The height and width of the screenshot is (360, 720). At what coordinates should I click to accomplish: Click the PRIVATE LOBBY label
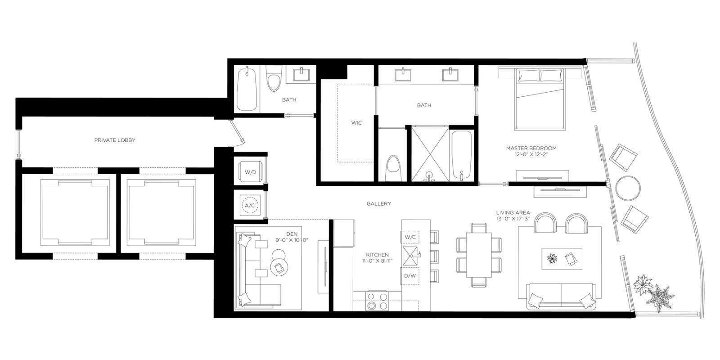(x=115, y=140)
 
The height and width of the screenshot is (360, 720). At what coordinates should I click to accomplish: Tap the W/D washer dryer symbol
(x=251, y=172)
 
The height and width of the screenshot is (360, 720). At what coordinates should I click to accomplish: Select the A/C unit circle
(x=250, y=205)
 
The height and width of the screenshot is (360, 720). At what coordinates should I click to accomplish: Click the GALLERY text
(x=378, y=203)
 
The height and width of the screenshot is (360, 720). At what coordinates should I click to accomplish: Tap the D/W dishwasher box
(x=410, y=276)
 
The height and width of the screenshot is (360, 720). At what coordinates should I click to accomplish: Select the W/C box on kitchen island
(x=410, y=237)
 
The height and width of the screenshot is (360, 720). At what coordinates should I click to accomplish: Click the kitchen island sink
(x=410, y=256)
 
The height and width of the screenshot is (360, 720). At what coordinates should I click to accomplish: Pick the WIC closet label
(x=356, y=123)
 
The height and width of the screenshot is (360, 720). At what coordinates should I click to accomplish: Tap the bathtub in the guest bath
(x=247, y=88)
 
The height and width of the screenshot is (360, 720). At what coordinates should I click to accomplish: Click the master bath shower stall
(x=430, y=155)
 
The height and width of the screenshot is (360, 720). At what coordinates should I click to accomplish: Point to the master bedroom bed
(x=540, y=99)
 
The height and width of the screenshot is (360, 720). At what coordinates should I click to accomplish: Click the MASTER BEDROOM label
(x=531, y=148)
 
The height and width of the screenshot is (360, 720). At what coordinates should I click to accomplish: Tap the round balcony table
(x=628, y=189)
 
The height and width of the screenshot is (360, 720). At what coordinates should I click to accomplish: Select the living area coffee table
(x=562, y=259)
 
